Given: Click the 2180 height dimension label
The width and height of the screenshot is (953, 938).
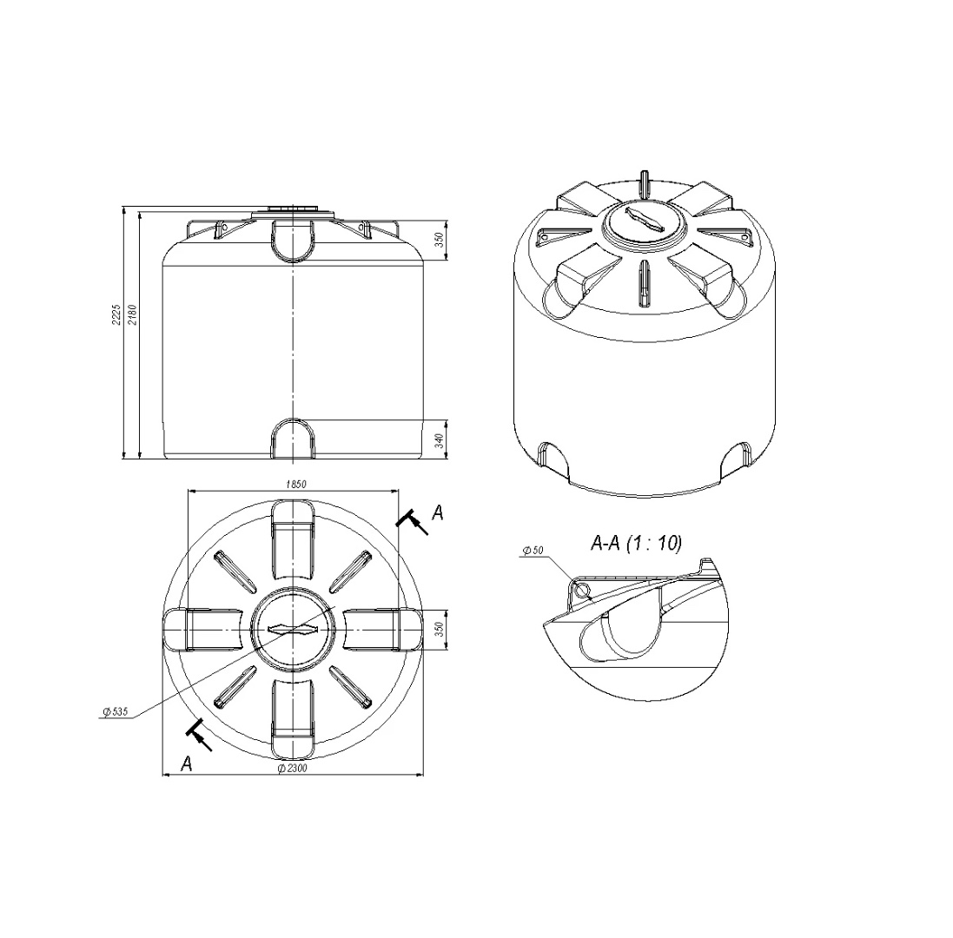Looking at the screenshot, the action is click(133, 314).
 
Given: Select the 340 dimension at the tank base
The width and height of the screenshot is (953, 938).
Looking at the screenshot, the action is click(440, 439).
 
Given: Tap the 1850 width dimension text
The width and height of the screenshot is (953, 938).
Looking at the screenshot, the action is click(296, 484).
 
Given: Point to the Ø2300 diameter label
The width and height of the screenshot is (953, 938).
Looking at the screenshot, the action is click(293, 768).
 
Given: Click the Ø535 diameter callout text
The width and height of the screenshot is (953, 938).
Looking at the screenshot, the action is click(116, 711).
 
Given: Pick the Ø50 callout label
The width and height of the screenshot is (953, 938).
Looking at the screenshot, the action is click(533, 551).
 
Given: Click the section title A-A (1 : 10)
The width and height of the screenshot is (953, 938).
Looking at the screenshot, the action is click(636, 543).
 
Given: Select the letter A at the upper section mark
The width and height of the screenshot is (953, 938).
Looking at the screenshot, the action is click(438, 513).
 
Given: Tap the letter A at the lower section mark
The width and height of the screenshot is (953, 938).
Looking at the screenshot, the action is click(187, 763).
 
